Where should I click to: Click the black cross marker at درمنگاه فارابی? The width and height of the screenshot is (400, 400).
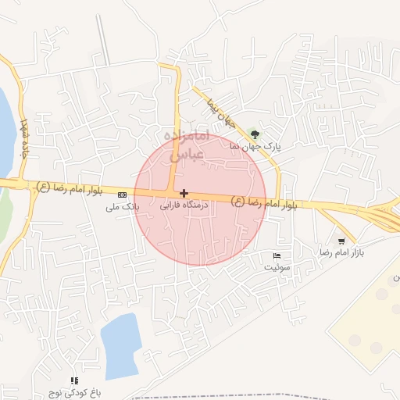(x=184, y=192)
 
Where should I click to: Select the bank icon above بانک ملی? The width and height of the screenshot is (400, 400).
(x=121, y=195)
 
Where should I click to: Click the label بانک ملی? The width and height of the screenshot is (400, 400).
(x=123, y=208)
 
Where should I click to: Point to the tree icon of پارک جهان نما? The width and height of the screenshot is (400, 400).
(x=252, y=134)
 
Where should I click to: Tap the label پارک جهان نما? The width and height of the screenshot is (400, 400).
(x=255, y=146)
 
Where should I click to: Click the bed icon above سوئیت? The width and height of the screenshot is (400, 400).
(x=277, y=255)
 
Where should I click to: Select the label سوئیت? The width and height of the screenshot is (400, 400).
(x=277, y=267)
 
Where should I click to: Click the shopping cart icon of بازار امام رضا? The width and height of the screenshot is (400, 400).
(x=341, y=241)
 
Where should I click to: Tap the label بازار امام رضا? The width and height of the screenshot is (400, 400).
(x=342, y=254)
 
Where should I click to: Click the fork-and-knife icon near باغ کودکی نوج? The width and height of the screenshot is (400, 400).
(x=74, y=380)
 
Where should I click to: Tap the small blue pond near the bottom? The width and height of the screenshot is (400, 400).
(x=119, y=344)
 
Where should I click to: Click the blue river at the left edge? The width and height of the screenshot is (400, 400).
(x=5, y=129)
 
